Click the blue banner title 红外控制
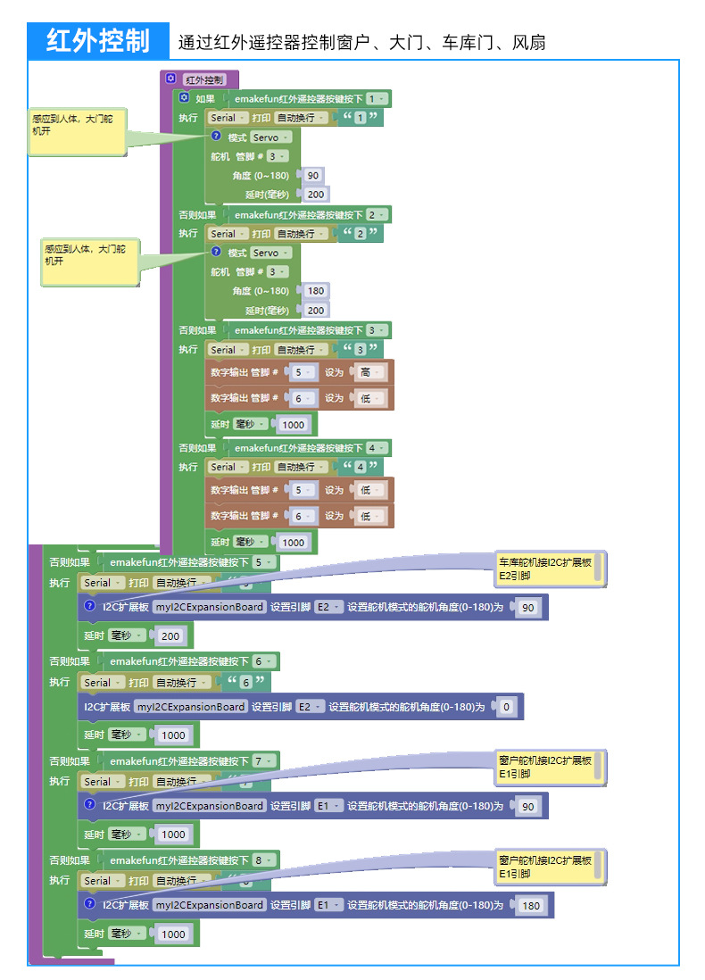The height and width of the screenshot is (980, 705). (98, 41)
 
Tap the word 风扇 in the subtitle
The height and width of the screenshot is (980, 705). (528, 43)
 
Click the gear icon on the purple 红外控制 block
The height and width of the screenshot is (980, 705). (170, 79)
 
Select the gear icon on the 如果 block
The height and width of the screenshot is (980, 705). (184, 97)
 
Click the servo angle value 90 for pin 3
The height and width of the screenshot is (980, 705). (313, 176)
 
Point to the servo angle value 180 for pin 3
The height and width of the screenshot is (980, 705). (316, 291)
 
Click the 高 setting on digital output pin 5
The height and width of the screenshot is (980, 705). (370, 372)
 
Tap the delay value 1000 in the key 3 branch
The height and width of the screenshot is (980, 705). (293, 425)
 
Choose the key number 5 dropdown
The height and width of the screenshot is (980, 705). (263, 562)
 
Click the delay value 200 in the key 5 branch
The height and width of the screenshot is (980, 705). (170, 636)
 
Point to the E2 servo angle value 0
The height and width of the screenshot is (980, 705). (506, 707)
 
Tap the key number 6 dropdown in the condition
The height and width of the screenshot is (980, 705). (263, 661)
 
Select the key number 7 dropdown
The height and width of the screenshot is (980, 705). (263, 761)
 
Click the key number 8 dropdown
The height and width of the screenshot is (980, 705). (263, 860)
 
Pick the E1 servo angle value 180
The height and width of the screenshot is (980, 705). (531, 906)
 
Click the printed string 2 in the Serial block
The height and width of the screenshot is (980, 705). (360, 234)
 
